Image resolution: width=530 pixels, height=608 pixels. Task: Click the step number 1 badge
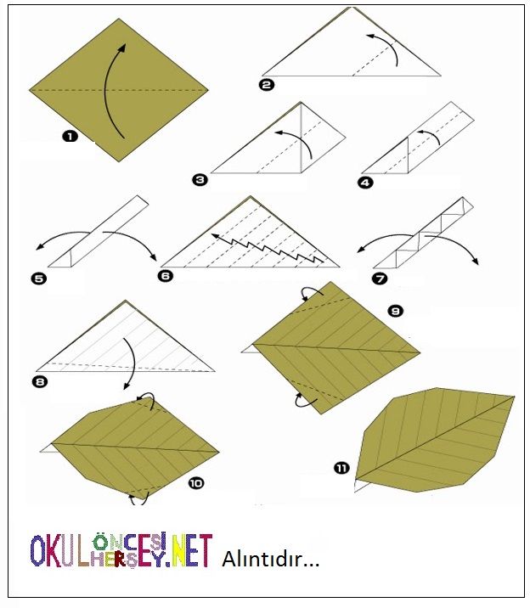pyautogui.click(x=70, y=136)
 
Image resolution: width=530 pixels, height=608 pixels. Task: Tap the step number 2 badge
pyautogui.click(x=267, y=85)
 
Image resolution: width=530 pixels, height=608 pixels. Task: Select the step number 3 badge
pyautogui.click(x=200, y=179)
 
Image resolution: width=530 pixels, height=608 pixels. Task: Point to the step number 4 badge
pyautogui.click(x=365, y=183)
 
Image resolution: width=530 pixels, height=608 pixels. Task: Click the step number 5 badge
pyautogui.click(x=39, y=278)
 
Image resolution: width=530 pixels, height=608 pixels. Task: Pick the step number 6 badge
pyautogui.click(x=166, y=276)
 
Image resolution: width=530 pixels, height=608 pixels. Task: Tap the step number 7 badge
pyautogui.click(x=380, y=278)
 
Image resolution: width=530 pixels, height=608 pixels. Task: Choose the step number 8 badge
pyautogui.click(x=40, y=382)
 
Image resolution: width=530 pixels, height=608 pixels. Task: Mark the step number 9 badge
pyautogui.click(x=396, y=311)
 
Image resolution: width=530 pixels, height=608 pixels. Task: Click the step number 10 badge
pyautogui.click(x=196, y=483)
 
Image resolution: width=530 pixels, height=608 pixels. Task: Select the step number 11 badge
pyautogui.click(x=341, y=469)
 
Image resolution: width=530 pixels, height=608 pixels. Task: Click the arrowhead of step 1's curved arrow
pyautogui.click(x=121, y=48)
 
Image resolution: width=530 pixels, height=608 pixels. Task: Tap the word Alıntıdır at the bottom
pyautogui.click(x=271, y=560)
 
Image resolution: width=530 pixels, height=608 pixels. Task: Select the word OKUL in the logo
pyautogui.click(x=59, y=550)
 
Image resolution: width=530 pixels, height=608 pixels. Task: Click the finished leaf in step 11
pyautogui.click(x=435, y=440)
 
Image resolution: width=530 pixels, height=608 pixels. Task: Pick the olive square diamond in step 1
pyautogui.click(x=119, y=90)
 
